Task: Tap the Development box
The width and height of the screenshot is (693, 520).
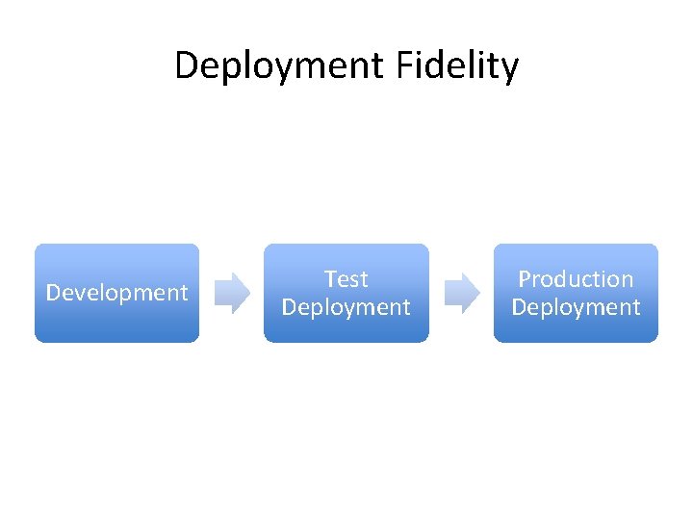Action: [x=116, y=293]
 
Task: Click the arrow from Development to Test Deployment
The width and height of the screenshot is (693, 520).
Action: [x=231, y=293]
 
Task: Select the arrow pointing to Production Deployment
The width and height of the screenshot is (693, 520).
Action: [x=461, y=293]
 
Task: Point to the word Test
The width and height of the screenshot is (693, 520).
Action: [x=346, y=279]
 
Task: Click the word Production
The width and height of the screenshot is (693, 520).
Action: [x=576, y=279]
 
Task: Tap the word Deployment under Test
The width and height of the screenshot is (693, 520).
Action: [x=346, y=307]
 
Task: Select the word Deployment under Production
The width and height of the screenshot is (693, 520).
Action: [x=576, y=307]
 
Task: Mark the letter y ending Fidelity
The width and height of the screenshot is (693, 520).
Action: [x=508, y=69]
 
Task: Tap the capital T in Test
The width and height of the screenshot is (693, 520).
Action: [x=331, y=279]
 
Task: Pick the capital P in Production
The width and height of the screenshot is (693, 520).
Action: [x=525, y=279]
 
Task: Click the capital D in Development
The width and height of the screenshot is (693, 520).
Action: [x=53, y=293]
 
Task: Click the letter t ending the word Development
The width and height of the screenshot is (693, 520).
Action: [x=184, y=293]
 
